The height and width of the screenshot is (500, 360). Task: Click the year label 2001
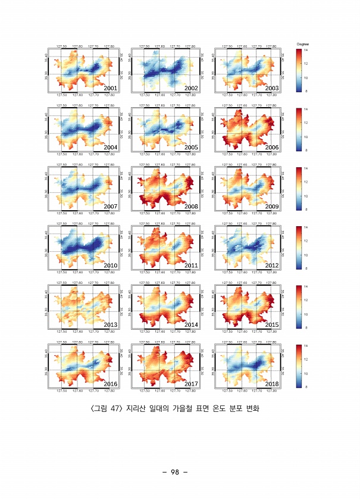point(110,89)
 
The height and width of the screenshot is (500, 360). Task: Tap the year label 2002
point(191,89)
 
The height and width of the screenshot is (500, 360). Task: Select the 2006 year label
point(272,147)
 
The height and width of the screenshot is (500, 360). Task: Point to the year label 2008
point(191,206)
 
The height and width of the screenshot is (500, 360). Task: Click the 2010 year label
point(110,265)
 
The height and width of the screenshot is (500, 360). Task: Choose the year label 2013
point(110,324)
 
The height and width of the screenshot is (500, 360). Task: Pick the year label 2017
point(191,384)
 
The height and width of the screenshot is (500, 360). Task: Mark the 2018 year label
point(272,384)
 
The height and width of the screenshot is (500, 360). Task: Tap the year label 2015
point(272,324)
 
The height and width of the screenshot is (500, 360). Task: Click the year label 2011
point(191,265)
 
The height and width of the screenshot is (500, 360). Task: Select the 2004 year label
point(110,147)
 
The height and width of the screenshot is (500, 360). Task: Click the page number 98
point(175,472)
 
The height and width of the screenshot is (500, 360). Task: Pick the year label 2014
point(191,324)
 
